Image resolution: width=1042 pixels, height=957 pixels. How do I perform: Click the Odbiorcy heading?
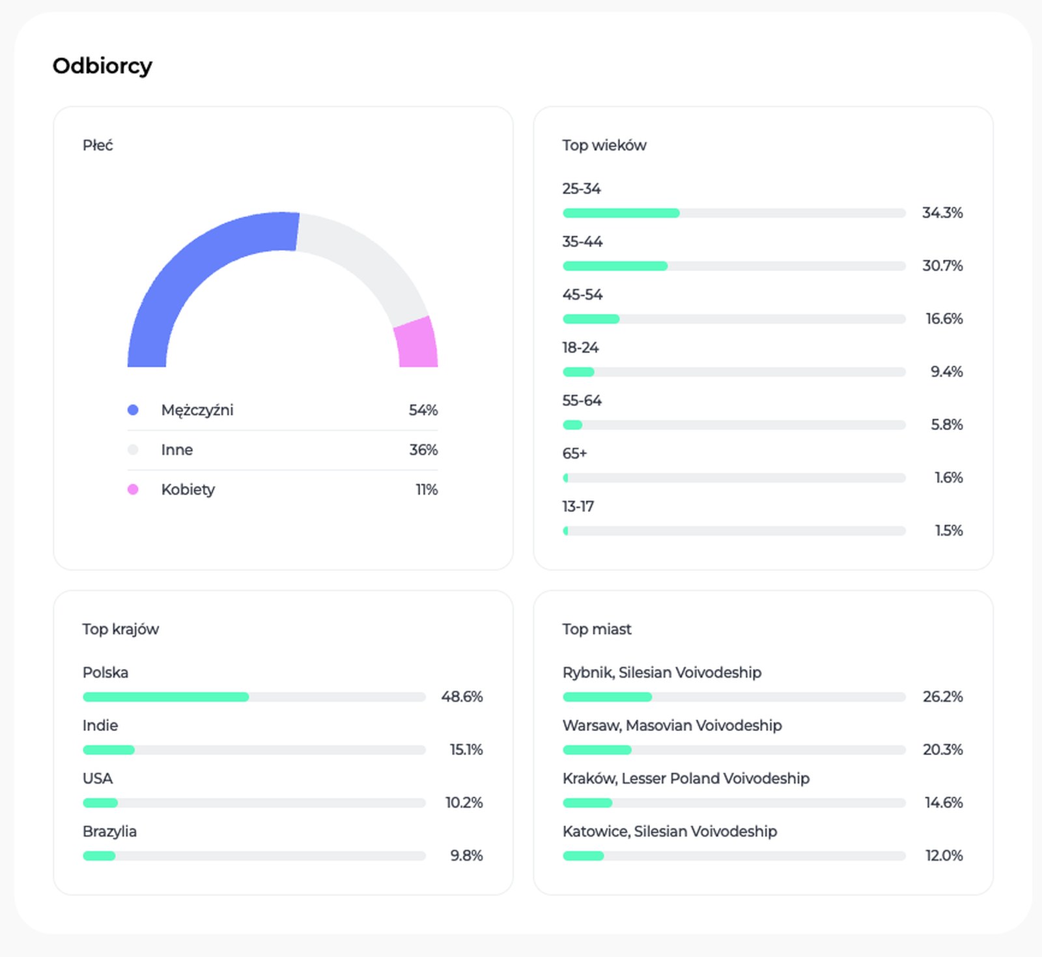[102, 66]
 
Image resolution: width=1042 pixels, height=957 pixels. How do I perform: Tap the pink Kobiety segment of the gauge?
[417, 343]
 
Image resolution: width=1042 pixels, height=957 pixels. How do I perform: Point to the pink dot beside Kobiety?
[133, 489]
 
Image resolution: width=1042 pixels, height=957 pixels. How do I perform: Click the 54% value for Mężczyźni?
[423, 410]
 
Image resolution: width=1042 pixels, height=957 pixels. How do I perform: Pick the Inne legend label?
[177, 450]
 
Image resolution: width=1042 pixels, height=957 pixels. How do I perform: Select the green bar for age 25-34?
[621, 213]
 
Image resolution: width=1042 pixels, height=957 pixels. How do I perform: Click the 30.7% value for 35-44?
[942, 265]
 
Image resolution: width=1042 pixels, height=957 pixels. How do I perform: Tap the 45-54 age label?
[583, 294]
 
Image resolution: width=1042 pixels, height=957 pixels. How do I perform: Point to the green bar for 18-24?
[578, 372]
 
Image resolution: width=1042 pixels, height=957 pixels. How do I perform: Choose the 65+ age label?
[575, 453]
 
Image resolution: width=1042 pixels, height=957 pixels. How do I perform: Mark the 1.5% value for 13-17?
[949, 530]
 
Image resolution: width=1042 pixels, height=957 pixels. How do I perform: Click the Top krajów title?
[120, 629]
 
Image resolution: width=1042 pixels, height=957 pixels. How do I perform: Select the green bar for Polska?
[166, 697]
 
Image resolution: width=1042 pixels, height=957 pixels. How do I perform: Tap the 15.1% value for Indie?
[466, 749]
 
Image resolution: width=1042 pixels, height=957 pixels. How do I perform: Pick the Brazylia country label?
[109, 832]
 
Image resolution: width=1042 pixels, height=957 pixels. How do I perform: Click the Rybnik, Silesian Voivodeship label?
[662, 672]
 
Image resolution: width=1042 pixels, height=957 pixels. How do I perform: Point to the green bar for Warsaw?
[597, 750]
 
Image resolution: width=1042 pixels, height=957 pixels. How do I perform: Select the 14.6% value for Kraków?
[944, 802]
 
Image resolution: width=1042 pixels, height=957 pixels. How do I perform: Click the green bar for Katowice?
[584, 856]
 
